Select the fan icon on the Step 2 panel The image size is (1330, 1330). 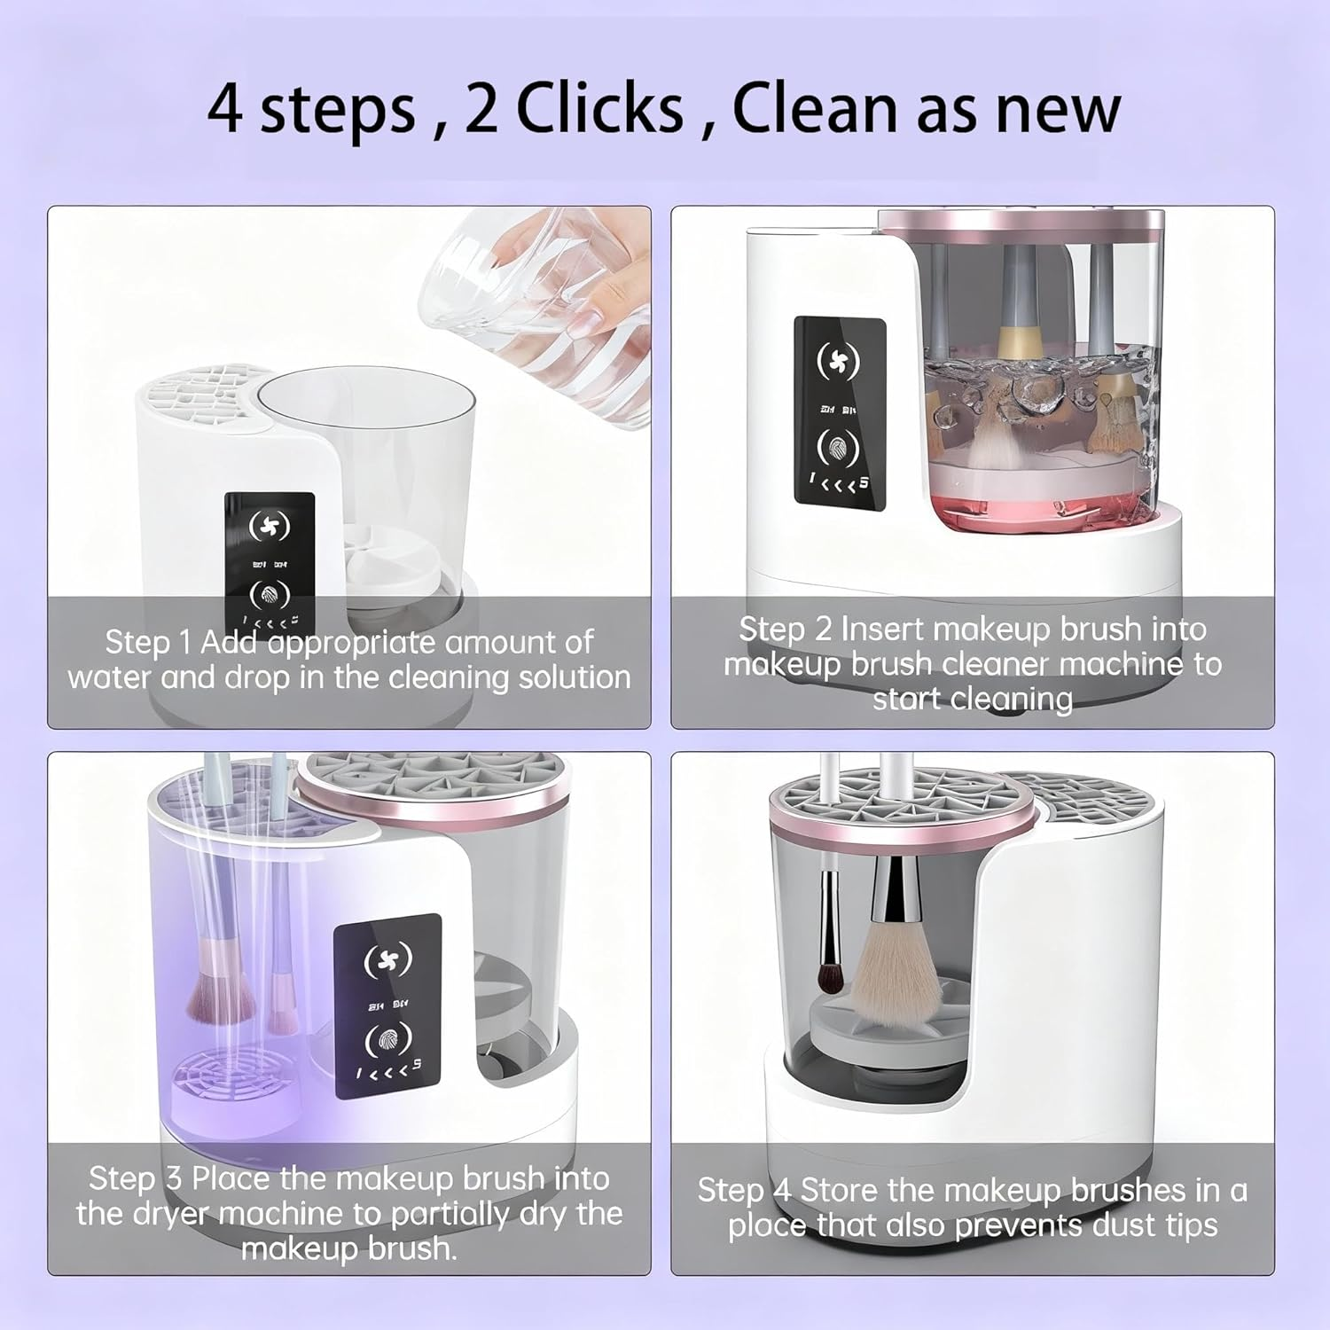point(838,361)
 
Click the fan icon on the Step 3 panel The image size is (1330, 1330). point(388,959)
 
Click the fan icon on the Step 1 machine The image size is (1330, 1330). point(269,526)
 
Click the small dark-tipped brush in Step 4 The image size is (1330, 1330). point(830,975)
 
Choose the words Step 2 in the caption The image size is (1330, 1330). point(786,629)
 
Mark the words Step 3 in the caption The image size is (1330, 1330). point(135,1178)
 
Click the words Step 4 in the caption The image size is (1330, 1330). point(744,1190)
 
